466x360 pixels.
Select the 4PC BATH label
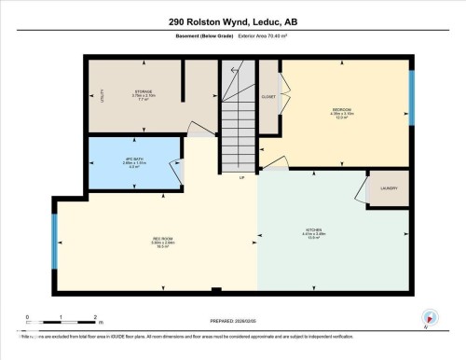tap(131, 159)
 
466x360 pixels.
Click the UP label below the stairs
tap(241, 176)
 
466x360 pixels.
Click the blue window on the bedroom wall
tap(411, 89)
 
